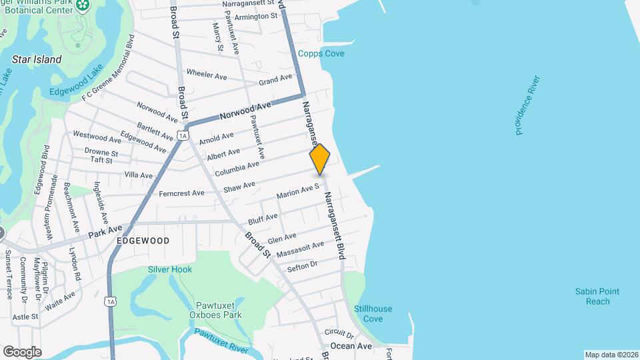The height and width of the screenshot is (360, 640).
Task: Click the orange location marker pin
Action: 320,159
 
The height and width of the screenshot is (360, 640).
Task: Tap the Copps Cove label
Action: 321,54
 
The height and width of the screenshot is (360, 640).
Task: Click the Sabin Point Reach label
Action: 598,296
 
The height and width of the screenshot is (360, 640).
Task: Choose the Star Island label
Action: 37,59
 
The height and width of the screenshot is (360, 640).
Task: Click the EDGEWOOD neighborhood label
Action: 143,240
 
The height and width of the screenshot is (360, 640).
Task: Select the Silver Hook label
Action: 170,269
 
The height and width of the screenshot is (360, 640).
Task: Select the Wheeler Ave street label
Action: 207,73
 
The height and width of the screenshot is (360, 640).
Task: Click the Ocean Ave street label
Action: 351,346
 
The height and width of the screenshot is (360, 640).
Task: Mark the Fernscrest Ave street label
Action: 181,193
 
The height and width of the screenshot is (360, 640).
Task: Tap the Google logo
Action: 22,351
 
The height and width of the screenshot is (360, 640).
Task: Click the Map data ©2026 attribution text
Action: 611,355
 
